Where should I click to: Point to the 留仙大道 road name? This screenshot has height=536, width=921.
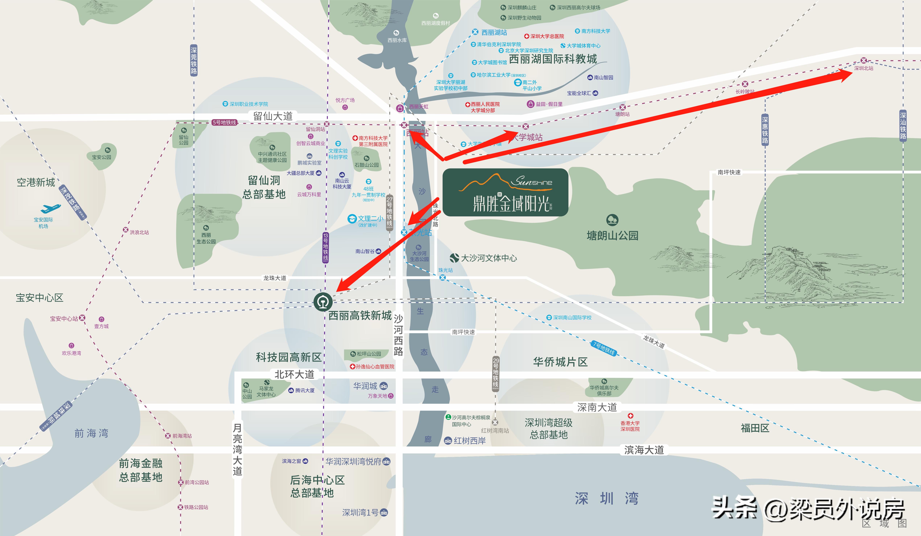(273, 116)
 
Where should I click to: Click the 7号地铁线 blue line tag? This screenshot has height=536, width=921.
(604, 348)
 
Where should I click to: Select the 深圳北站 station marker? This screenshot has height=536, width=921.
(863, 60)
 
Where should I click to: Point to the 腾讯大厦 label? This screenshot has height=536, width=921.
(304, 390)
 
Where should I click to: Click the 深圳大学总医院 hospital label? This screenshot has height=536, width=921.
(547, 36)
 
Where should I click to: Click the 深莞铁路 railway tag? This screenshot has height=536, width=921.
(194, 60)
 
